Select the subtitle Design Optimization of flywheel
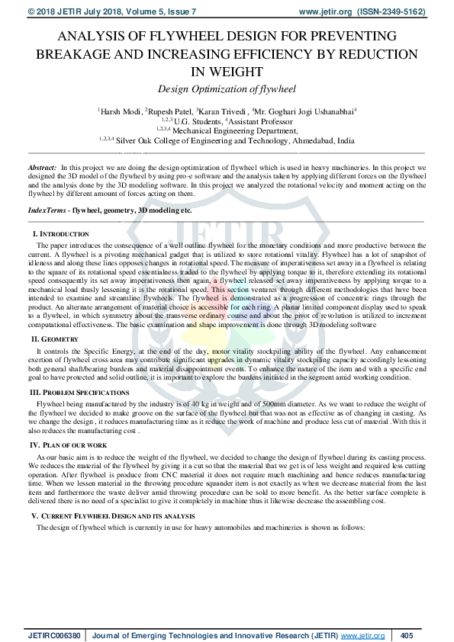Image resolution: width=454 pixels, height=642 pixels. [x=227, y=89]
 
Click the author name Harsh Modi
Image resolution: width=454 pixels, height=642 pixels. [x=120, y=111]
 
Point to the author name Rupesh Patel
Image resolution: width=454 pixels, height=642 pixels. [x=169, y=111]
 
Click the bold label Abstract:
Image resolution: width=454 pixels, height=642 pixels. [x=42, y=166]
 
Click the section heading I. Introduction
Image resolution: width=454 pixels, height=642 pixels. [x=60, y=233]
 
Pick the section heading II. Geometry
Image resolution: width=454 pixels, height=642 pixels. [x=54, y=339]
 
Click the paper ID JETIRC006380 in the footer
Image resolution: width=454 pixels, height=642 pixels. [x=53, y=635]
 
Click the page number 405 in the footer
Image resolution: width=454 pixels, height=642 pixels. [x=407, y=635]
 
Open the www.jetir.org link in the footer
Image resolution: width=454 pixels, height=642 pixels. [x=362, y=635]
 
